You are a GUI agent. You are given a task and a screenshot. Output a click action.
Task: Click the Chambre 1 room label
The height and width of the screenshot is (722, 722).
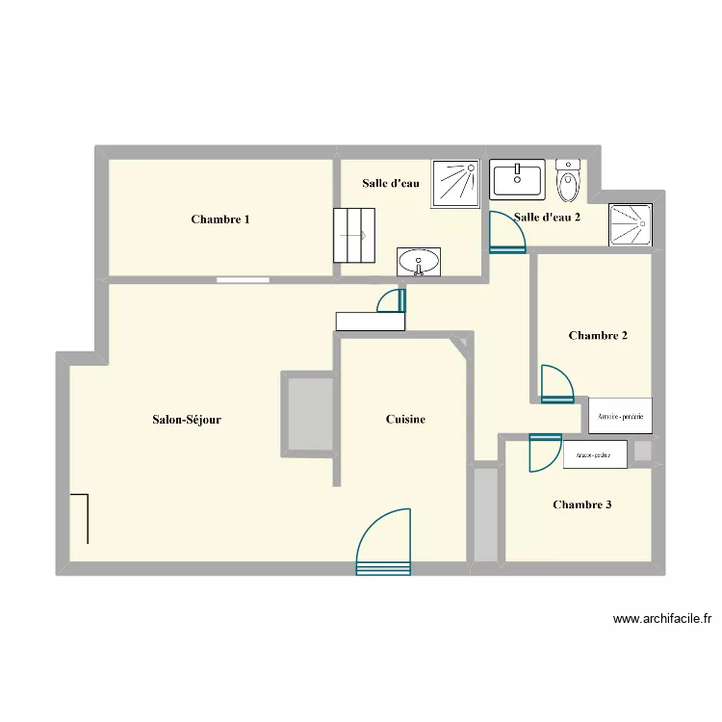[x=220, y=219]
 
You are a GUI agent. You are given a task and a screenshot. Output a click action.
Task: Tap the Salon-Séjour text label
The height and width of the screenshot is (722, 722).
[x=187, y=419]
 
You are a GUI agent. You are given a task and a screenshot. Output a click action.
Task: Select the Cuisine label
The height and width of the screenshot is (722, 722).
[x=405, y=419]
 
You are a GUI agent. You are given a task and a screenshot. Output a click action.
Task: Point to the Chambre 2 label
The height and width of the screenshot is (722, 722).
[x=598, y=336]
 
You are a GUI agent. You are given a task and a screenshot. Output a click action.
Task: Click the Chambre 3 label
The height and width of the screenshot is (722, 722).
[x=581, y=504]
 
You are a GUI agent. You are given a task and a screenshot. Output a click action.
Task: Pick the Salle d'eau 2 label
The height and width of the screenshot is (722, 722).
[x=547, y=218]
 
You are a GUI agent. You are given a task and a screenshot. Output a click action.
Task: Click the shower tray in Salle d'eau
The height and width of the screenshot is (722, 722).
[x=455, y=183]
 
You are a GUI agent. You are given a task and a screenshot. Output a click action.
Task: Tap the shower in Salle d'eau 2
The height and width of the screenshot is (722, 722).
[x=631, y=224]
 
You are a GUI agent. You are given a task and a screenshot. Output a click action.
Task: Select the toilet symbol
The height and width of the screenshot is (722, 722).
[x=569, y=179]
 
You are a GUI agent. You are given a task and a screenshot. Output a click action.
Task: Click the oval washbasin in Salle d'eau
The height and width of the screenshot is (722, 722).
[x=419, y=261]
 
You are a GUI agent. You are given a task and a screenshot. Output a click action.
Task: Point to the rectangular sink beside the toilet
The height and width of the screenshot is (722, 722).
[x=518, y=179]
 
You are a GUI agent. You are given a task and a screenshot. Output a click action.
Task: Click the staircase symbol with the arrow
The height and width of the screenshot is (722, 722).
[x=352, y=234]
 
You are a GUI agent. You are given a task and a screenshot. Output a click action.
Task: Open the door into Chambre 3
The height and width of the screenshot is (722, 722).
[x=545, y=452]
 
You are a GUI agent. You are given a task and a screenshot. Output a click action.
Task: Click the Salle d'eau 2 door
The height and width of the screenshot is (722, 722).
[x=506, y=232]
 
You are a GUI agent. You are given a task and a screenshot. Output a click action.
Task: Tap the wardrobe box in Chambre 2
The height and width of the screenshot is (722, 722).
[x=620, y=416]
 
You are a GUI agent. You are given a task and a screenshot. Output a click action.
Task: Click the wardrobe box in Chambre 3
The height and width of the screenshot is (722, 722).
[x=595, y=454]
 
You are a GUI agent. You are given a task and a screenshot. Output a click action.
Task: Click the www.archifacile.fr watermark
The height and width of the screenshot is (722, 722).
[x=660, y=620]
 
